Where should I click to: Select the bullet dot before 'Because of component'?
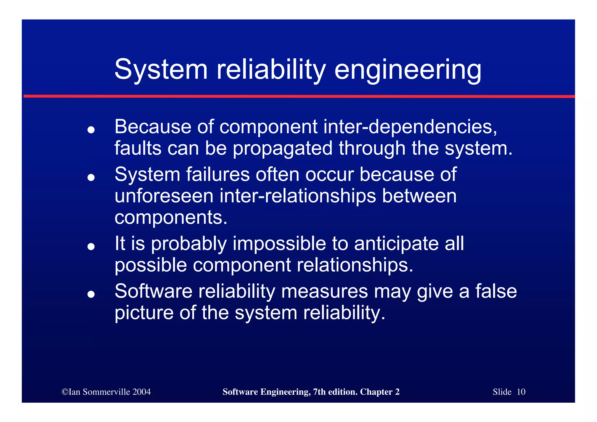tap(91, 130)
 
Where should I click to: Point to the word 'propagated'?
tap(282, 148)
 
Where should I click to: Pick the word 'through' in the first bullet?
tap(372, 148)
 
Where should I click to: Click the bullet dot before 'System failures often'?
tap(91, 177)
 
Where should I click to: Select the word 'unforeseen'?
tap(164, 196)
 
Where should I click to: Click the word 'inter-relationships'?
tap(298, 196)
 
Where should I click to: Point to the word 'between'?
tap(419, 196)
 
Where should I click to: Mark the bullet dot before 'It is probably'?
tap(91, 246)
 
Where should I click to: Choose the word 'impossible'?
tap(279, 244)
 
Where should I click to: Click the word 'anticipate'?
tap(396, 244)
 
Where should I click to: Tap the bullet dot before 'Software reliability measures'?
tap(91, 294)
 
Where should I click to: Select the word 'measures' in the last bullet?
tap(324, 291)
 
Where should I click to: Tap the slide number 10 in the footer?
tap(521, 392)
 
